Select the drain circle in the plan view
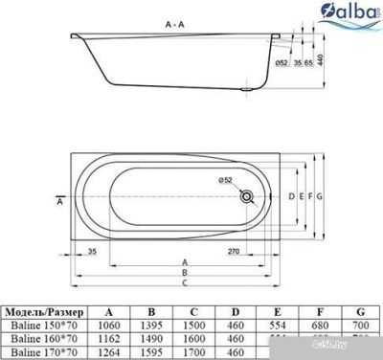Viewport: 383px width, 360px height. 248,197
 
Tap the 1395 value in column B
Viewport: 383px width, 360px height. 155,326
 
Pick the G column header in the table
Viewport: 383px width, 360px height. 360,312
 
